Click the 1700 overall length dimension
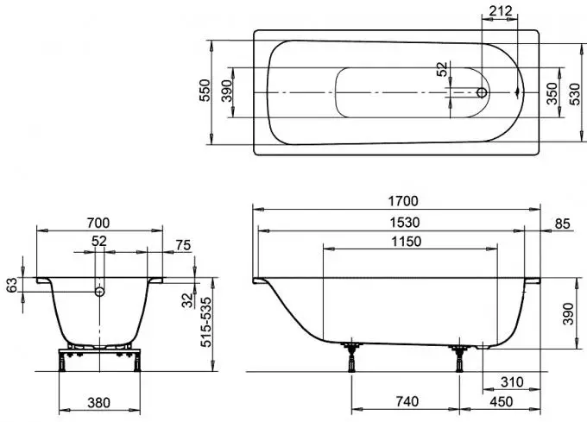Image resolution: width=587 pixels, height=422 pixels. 403,201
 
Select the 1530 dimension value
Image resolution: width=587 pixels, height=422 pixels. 405,223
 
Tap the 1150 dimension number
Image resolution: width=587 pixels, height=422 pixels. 407,242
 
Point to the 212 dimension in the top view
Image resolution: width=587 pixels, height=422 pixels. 501,11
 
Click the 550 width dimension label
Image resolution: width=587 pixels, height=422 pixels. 205,90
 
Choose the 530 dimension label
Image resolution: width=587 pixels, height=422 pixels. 575,94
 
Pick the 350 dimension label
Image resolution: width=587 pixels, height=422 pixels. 552,93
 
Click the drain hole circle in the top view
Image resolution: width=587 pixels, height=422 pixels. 483,92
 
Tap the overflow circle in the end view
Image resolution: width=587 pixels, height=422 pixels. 99,291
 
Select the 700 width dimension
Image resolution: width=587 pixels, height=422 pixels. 98,223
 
